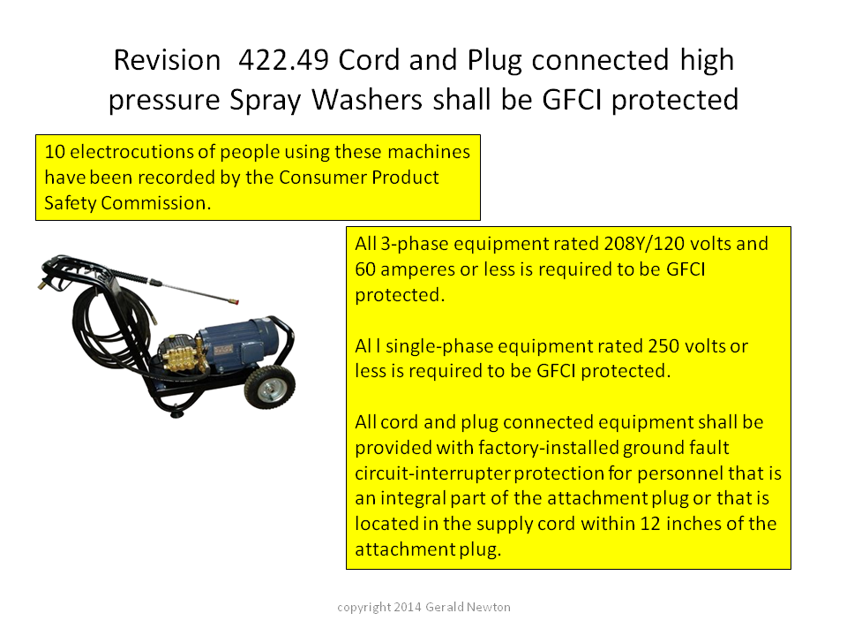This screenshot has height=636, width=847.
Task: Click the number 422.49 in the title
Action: pyautogui.click(x=283, y=59)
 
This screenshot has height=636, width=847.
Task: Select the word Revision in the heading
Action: pyautogui.click(x=167, y=59)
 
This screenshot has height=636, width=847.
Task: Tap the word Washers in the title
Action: pyautogui.click(x=367, y=100)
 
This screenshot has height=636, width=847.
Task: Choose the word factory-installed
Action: pyautogui.click(x=548, y=448)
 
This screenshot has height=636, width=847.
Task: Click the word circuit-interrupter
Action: pyautogui.click(x=432, y=473)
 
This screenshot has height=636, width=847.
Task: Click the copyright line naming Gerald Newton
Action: pyautogui.click(x=423, y=607)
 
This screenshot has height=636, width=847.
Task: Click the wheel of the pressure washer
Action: pyautogui.click(x=270, y=387)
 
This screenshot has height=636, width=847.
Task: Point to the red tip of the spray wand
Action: pyautogui.click(x=235, y=302)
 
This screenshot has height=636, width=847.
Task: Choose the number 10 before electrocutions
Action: pyautogui.click(x=55, y=152)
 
